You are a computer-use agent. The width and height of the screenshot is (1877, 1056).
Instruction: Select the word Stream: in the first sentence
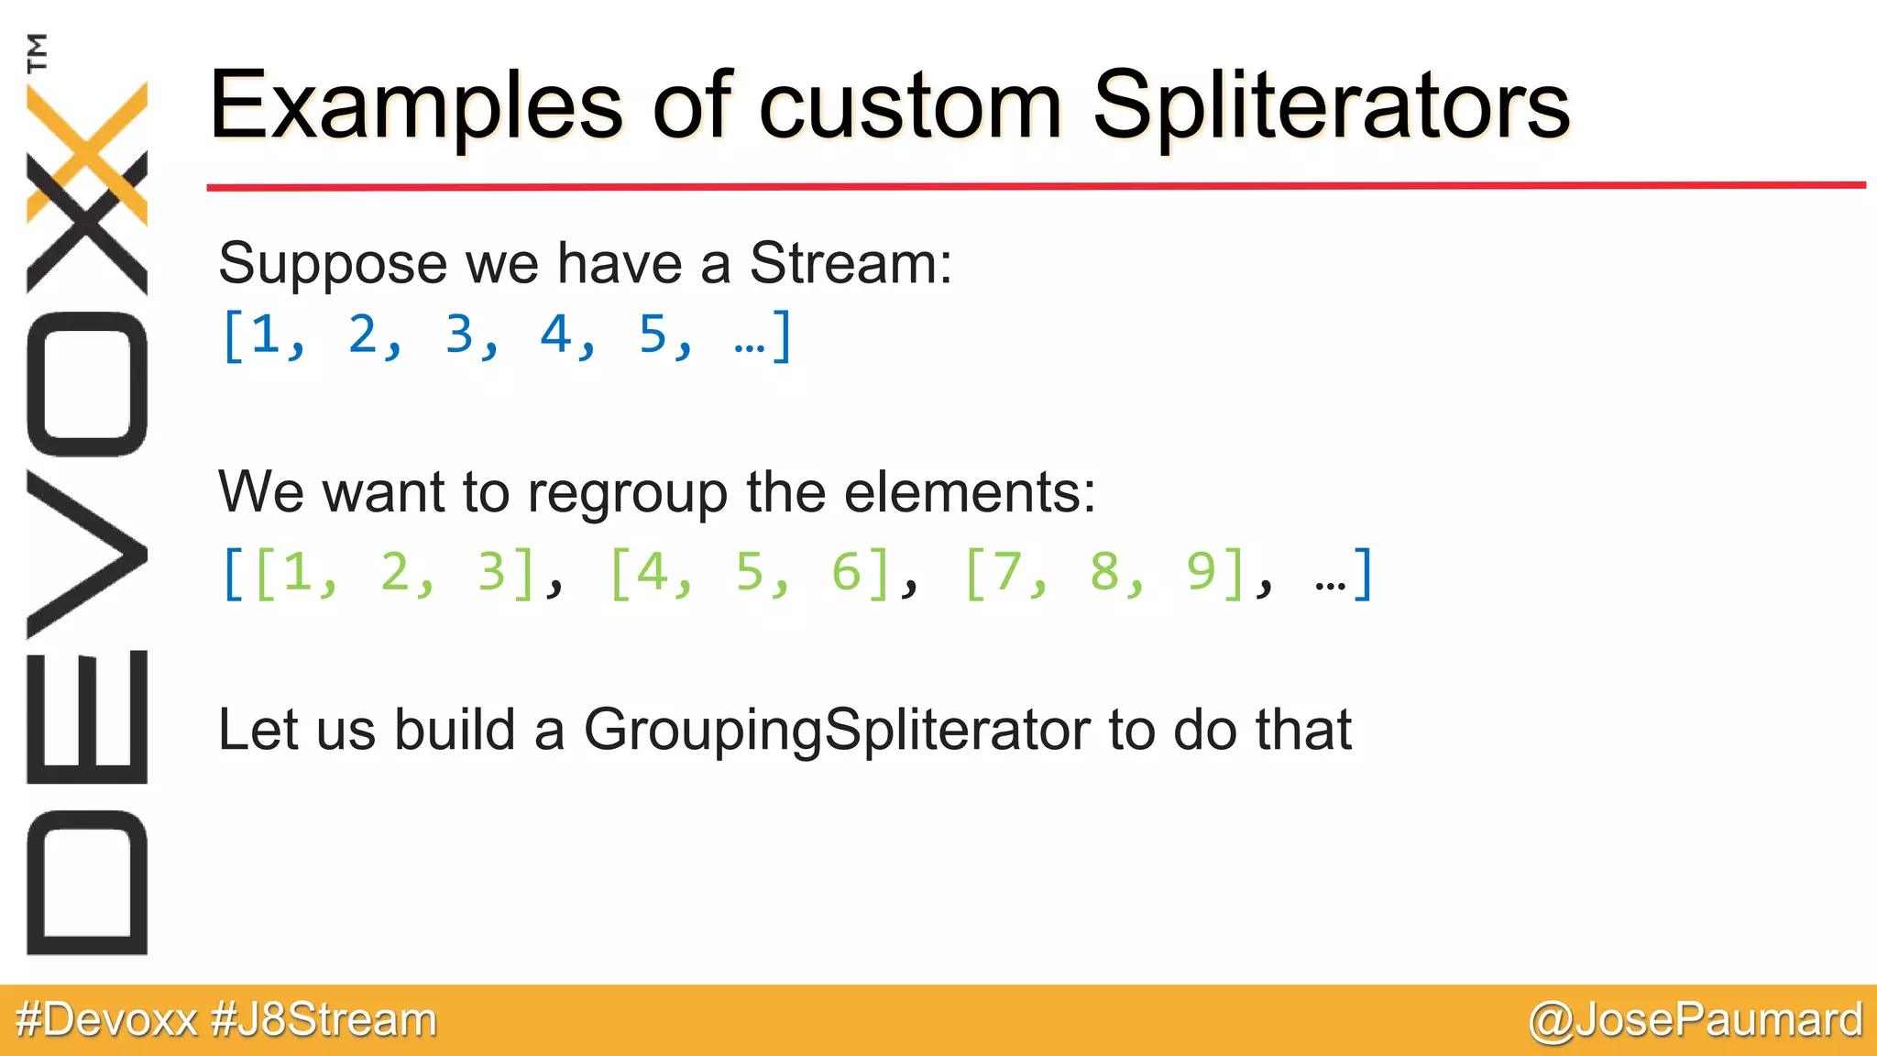[x=851, y=264]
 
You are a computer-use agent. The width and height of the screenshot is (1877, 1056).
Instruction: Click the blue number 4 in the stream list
[x=555, y=335]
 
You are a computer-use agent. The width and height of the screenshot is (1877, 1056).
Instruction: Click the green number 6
[x=846, y=572]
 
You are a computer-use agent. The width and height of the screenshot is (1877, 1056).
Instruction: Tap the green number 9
[x=1201, y=572]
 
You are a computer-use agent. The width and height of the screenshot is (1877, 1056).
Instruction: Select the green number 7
[x=1007, y=572]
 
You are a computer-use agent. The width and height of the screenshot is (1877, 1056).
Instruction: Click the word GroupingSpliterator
[x=836, y=731]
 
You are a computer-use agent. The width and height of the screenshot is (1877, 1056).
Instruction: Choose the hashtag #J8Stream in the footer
[x=324, y=1020]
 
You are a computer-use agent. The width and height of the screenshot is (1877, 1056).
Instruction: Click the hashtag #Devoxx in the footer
[x=106, y=1020]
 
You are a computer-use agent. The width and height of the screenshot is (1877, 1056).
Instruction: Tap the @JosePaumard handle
[x=1695, y=1020]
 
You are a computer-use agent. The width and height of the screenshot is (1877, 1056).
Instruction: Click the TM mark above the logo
[x=37, y=52]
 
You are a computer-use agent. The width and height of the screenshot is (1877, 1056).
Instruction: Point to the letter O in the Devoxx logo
[x=87, y=384]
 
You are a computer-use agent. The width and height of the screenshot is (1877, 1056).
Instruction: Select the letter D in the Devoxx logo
[x=87, y=882]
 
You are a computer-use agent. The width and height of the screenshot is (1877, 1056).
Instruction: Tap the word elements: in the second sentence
[x=969, y=492]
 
